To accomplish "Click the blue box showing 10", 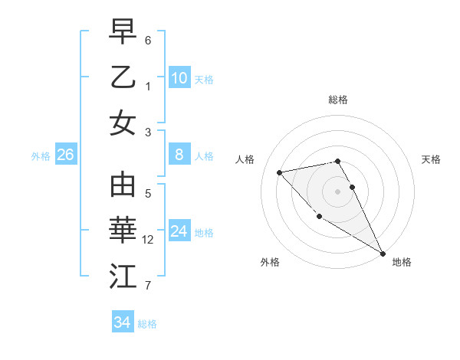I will pos(179,77).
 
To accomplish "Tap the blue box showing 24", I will pos(179,231).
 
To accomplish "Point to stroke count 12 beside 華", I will pos(149,240).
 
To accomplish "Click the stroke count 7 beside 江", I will pos(148,286).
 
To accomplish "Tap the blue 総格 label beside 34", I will pos(147,324).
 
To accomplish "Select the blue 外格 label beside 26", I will pos(41,156).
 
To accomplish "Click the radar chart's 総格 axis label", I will pos(338,100).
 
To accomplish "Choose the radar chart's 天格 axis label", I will pos(431,159).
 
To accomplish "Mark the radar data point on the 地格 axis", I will pos(383,254).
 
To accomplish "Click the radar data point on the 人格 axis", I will pos(280,172).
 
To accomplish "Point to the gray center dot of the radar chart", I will pos(338,191).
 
